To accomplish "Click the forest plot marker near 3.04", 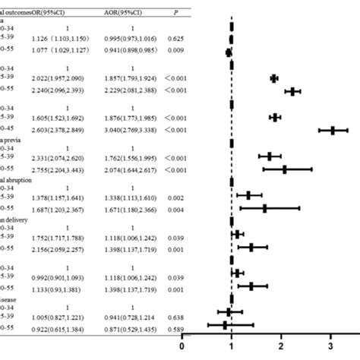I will click(333, 131).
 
